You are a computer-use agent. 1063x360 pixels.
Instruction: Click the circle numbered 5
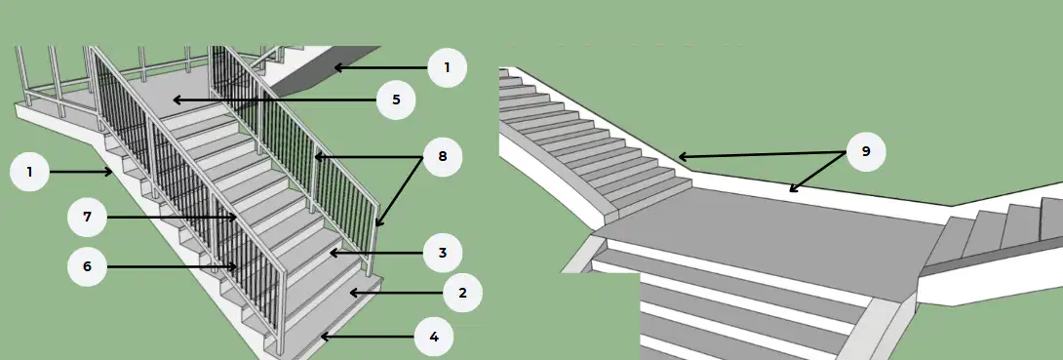pyautogui.click(x=396, y=100)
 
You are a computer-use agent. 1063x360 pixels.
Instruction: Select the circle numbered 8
pyautogui.click(x=443, y=157)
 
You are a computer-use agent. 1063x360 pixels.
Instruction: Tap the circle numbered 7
pyautogui.click(x=88, y=217)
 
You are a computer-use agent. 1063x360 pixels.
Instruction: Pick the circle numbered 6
pyautogui.click(x=88, y=267)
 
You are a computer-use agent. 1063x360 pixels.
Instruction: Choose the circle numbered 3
pyautogui.click(x=443, y=253)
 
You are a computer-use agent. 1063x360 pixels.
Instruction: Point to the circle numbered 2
pyautogui.click(x=462, y=293)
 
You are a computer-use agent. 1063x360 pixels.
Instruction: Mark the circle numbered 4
pyautogui.click(x=434, y=337)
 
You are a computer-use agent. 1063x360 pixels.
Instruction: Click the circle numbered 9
pyautogui.click(x=866, y=151)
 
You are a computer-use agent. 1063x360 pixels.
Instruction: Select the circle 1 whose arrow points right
pyautogui.click(x=29, y=173)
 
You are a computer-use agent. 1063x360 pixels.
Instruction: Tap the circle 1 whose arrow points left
pyautogui.click(x=447, y=67)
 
